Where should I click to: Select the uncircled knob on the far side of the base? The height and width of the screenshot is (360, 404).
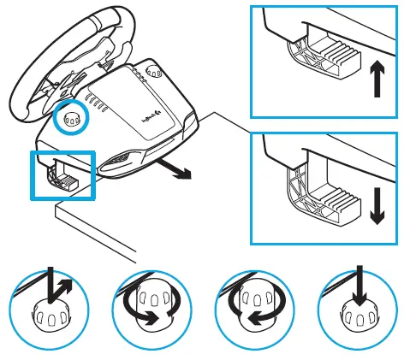point(156,74)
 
